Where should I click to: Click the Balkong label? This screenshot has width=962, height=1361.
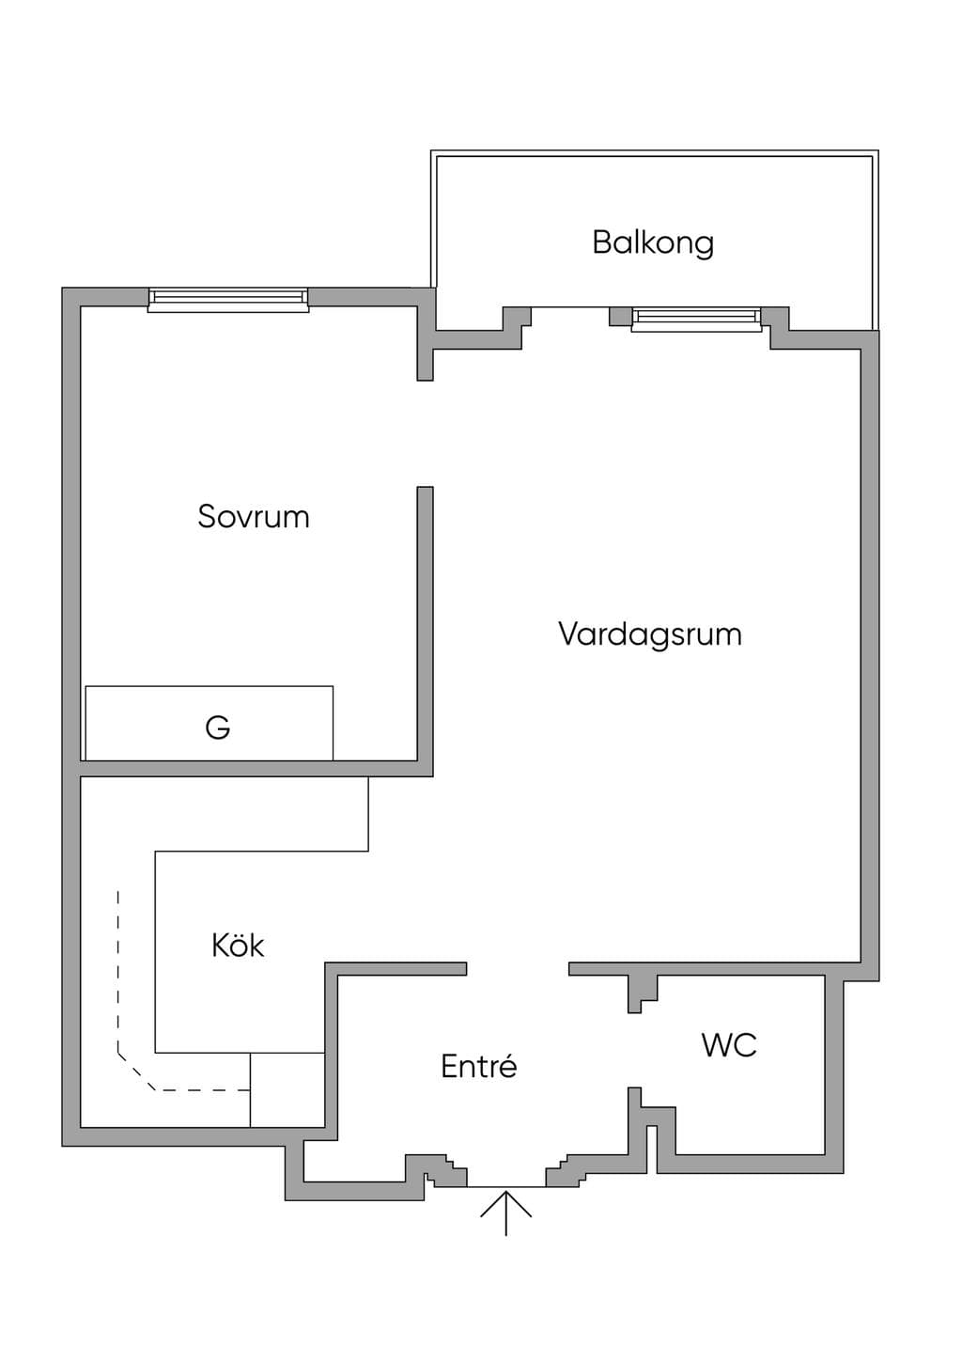653,242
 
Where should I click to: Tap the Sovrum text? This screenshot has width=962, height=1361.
254,516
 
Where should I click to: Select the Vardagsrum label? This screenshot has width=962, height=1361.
650,635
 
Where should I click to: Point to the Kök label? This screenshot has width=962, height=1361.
238,945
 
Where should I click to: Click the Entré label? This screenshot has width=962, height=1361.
478,1066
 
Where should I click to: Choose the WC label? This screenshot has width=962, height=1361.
729,1045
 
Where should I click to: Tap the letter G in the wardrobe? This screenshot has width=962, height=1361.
217,727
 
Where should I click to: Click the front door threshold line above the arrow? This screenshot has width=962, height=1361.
506,1186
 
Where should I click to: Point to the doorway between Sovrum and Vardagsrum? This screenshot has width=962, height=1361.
426,434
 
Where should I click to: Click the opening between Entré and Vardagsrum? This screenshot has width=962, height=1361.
518,969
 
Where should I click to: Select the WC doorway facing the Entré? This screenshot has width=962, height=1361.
634,1050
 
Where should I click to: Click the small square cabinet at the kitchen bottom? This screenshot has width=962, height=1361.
287,1090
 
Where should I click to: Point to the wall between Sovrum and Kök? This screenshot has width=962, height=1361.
256,769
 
